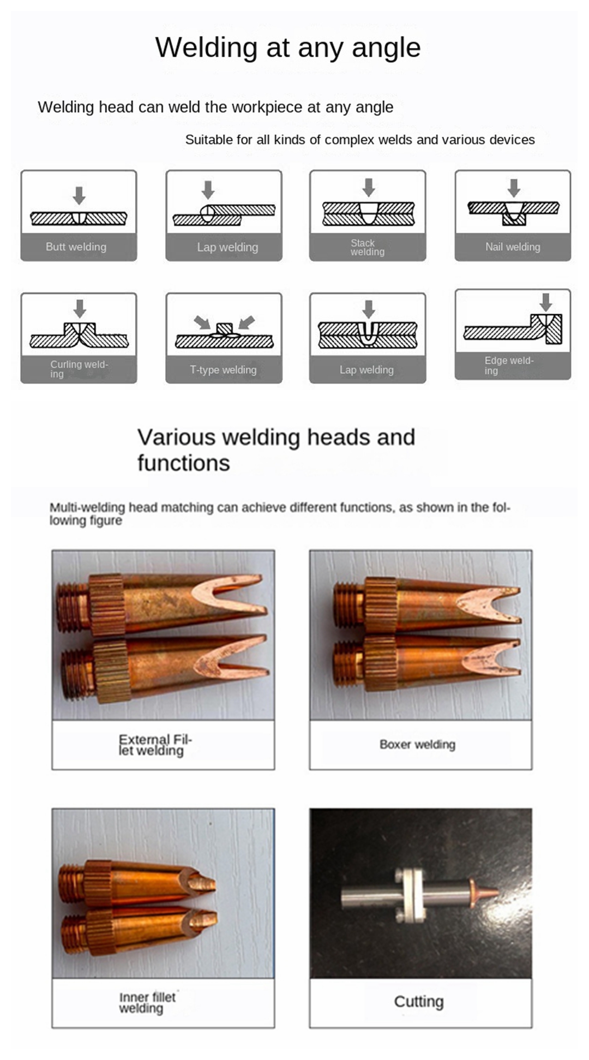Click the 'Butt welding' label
click(76, 247)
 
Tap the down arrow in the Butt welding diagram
click(79, 195)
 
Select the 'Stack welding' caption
click(367, 247)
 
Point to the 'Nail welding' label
click(513, 247)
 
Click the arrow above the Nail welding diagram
click(514, 188)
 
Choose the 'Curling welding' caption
click(79, 369)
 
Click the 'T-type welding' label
click(223, 369)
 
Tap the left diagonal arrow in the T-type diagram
click(202, 322)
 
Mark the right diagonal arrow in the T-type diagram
click(247, 322)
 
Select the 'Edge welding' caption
click(509, 366)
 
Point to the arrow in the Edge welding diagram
click(545, 302)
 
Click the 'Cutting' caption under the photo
click(419, 1001)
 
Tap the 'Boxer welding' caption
click(417, 744)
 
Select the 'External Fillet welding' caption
click(155, 745)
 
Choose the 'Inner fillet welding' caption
click(147, 1003)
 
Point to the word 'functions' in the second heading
click(184, 463)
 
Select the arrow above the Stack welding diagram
click(369, 187)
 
